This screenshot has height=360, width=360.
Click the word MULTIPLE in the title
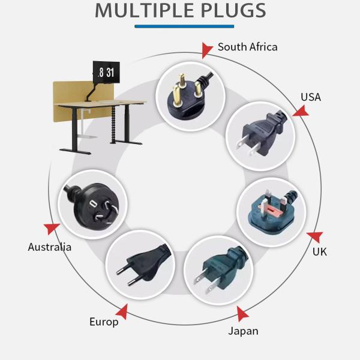click(x=144, y=10)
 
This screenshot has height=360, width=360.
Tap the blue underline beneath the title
click(x=184, y=26)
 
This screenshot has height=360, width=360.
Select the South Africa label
click(x=247, y=47)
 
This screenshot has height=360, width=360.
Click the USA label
click(x=311, y=97)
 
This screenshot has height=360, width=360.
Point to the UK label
click(x=319, y=251)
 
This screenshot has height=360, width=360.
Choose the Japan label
click(x=243, y=331)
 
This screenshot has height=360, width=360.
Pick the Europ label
click(x=104, y=322)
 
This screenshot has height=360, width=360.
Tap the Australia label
click(x=50, y=247)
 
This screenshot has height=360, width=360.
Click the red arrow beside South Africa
click(x=206, y=50)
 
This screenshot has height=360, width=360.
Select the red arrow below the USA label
click(x=301, y=111)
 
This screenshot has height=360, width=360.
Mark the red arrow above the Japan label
click(x=242, y=314)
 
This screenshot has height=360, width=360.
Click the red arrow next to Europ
click(x=122, y=311)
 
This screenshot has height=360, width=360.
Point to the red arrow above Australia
click(x=51, y=229)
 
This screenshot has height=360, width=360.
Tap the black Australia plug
click(x=93, y=205)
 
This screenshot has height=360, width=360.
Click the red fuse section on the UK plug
click(x=272, y=209)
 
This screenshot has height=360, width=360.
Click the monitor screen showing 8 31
click(x=106, y=73)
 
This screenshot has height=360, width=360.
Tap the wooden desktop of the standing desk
click(x=101, y=103)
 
